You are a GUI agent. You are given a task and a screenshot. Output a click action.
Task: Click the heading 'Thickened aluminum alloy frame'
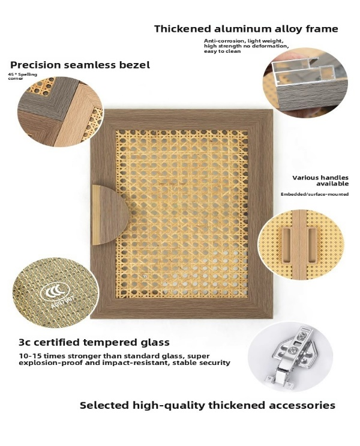click(246, 29)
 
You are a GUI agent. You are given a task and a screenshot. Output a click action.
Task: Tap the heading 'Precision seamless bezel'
click(80, 65)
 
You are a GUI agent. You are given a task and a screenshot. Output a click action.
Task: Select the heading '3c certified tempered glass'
click(94, 342)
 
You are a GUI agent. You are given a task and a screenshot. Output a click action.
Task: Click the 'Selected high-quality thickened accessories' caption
click(207, 405)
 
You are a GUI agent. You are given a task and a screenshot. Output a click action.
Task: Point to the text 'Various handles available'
click(320, 181)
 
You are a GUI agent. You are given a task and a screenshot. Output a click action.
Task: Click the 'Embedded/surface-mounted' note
click(314, 194)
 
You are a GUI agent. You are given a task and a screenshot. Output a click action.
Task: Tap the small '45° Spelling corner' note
click(22, 76)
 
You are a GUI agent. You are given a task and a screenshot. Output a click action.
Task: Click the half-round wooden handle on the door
click(110, 215)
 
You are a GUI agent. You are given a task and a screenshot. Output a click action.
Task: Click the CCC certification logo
click(55, 291)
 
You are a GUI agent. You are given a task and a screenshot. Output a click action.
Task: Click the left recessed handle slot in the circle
click(287, 245)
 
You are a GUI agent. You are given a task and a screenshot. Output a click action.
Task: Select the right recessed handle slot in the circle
click(311, 245)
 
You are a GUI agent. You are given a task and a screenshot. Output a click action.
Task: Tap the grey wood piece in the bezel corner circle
click(54, 103)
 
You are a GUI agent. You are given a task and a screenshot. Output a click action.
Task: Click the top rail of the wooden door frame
click(181, 119)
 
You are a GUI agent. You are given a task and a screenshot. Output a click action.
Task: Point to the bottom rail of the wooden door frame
click(181, 309)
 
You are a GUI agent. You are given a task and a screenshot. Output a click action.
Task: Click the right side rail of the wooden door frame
click(260, 214)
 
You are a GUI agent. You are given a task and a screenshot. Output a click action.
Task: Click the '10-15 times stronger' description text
click(125, 359)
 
